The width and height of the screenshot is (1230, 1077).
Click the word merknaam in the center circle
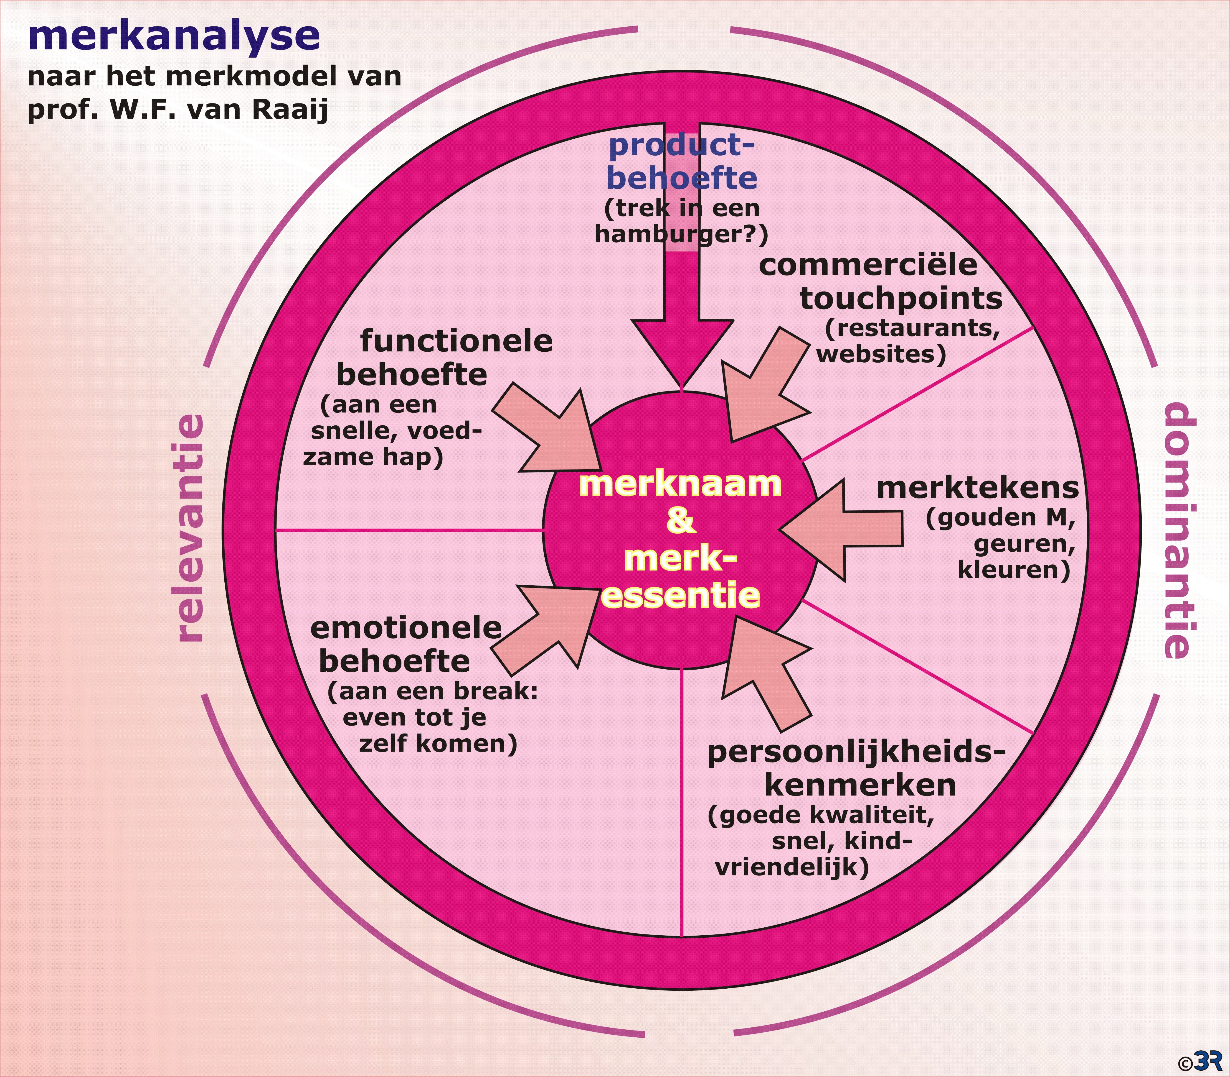680,484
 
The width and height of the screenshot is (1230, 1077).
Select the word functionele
456,341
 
